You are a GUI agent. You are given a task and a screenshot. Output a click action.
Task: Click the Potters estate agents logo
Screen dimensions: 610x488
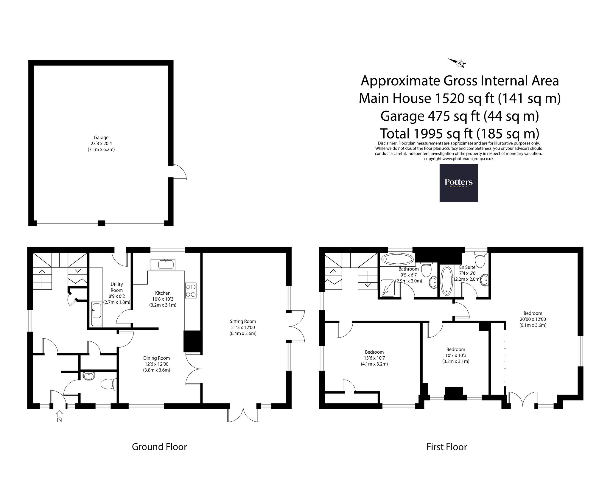point(459,183)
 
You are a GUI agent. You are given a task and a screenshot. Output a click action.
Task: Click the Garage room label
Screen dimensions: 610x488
point(101,138)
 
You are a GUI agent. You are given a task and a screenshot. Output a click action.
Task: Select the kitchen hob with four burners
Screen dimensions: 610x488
point(191,290)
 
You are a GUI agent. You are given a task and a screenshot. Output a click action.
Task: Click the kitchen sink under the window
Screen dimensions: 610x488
point(163,264)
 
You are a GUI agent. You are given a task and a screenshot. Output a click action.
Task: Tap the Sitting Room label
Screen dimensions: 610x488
point(243,321)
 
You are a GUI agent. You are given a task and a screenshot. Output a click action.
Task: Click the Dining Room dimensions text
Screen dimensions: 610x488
point(156,367)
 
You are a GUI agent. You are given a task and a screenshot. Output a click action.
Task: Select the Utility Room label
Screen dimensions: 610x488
point(117,287)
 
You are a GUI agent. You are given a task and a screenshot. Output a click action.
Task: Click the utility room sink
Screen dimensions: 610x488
point(97,314)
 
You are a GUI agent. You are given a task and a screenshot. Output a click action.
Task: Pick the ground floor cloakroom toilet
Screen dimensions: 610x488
point(108,384)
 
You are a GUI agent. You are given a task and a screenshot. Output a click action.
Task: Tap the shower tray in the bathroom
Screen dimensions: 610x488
point(389,288)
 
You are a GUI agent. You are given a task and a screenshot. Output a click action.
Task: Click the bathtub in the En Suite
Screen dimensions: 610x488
point(446,281)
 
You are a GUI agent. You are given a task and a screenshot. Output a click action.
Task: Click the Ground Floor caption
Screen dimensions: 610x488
point(159,455)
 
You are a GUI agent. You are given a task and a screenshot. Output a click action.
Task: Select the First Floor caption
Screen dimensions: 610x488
point(446,455)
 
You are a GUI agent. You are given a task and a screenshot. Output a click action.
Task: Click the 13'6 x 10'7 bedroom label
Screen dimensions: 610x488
point(374,358)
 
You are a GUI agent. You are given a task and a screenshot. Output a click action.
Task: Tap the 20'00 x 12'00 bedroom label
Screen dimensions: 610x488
point(533,319)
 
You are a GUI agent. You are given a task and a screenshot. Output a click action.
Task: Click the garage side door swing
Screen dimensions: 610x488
point(180,172)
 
